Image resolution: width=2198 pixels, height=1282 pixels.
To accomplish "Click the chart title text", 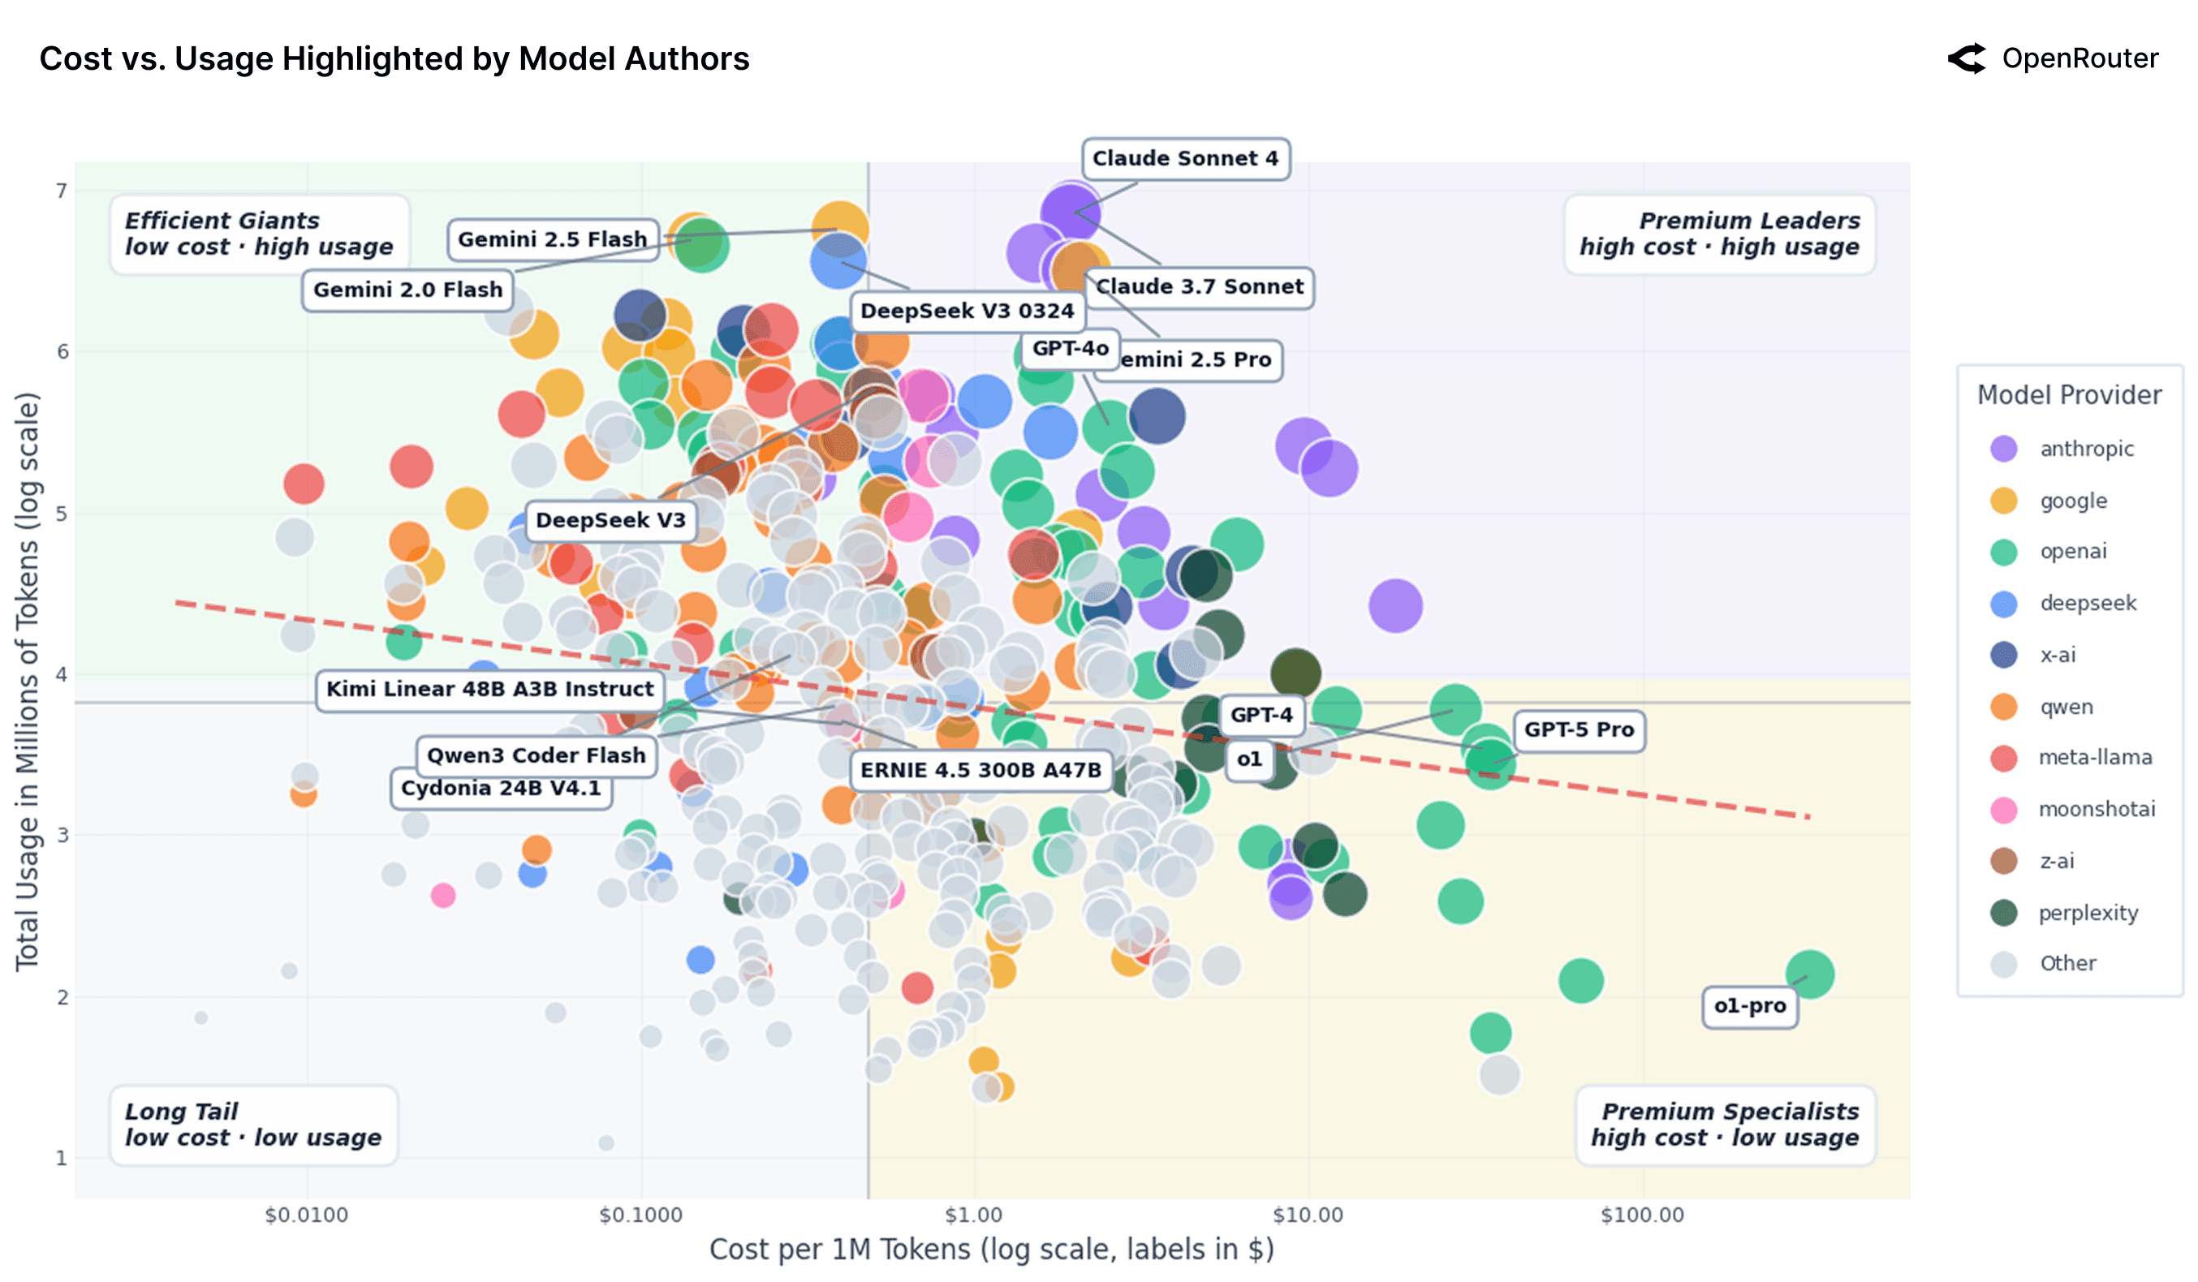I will click(x=394, y=58).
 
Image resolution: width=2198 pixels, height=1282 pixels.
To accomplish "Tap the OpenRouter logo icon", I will click(x=1966, y=58).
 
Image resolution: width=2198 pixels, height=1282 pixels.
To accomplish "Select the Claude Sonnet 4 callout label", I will click(x=1184, y=159).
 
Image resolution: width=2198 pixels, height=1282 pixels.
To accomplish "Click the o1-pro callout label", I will click(x=1749, y=1005).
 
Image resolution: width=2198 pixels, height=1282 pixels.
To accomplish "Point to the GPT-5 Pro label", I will click(x=1578, y=730).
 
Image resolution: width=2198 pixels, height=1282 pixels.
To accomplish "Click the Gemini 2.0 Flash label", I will click(x=407, y=290).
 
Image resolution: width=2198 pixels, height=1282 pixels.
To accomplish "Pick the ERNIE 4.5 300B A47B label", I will click(x=980, y=770).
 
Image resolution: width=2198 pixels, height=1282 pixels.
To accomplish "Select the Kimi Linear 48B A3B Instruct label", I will click(x=489, y=689).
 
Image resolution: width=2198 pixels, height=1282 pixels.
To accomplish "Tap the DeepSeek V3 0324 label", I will click(x=967, y=312).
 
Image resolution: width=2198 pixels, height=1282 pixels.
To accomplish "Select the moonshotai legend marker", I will click(x=2003, y=809).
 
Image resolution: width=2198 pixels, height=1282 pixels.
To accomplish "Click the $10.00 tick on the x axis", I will click(x=1307, y=1215).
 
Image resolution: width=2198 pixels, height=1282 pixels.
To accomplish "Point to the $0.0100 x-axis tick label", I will click(x=306, y=1215).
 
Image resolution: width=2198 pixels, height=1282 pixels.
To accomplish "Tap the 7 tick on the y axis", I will click(x=61, y=191).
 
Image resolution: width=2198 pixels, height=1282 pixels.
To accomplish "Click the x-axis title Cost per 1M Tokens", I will click(x=991, y=1249).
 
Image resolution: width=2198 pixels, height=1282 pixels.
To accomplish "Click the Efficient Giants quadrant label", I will click(x=258, y=234).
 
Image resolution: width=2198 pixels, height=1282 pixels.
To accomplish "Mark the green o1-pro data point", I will click(x=1809, y=974).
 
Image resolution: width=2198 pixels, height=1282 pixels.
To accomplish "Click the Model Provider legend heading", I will click(x=2068, y=395).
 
